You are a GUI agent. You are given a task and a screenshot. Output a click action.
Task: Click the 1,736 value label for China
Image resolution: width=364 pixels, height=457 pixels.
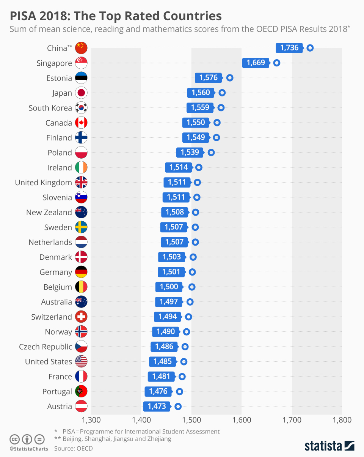click(x=289, y=48)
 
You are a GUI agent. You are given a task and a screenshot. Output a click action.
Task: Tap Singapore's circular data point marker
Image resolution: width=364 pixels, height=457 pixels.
click(x=277, y=63)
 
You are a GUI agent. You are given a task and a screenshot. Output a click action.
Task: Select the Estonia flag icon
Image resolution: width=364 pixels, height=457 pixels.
click(x=82, y=78)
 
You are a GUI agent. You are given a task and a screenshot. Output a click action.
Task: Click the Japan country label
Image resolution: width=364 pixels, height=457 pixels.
click(x=62, y=93)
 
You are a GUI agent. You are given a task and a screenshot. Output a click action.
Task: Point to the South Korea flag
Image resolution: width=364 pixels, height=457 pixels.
click(x=82, y=108)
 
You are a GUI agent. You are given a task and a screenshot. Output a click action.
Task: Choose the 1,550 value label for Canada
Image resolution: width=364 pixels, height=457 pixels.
click(x=196, y=123)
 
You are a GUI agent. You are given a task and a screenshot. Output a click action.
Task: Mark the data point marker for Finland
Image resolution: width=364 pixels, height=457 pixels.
click(x=217, y=137)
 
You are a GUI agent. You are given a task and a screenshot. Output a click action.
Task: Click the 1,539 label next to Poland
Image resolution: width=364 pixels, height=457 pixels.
click(x=190, y=153)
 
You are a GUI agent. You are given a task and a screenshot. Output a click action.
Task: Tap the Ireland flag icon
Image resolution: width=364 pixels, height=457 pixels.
click(x=82, y=167)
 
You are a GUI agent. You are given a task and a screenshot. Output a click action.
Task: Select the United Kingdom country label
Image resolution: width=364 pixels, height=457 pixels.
click(x=43, y=183)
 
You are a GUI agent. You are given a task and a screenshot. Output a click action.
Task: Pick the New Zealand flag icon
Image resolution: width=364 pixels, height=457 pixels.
click(x=82, y=212)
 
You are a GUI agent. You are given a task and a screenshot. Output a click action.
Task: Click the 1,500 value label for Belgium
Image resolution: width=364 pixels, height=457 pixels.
click(x=169, y=287)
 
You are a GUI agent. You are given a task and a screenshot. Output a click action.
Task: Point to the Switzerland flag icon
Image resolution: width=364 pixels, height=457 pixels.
click(x=82, y=317)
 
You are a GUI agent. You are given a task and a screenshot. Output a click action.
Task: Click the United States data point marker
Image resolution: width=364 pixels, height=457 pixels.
click(x=184, y=361)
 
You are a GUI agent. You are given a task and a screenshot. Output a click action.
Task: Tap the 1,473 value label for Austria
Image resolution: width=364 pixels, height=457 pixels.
click(x=157, y=407)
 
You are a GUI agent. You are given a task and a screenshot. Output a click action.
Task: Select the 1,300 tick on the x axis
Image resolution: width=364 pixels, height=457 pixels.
click(x=91, y=420)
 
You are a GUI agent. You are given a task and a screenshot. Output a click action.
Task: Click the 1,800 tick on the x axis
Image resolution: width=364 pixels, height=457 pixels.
click(x=342, y=420)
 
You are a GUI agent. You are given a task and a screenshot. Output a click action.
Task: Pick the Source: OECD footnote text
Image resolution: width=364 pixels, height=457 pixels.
click(x=73, y=448)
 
